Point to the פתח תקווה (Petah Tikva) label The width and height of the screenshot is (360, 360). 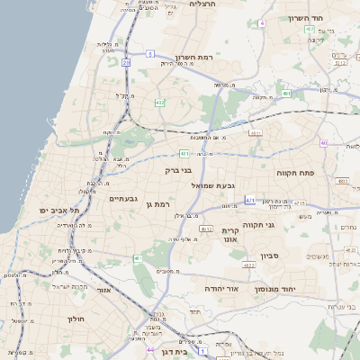[x=294, y=170]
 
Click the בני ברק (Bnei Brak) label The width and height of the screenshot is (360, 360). [x=178, y=169]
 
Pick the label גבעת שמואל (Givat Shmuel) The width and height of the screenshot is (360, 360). [x=213, y=185]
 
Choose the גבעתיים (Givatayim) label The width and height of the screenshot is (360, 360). [x=121, y=198]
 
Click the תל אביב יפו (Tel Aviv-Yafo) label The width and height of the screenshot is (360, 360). [x=60, y=210]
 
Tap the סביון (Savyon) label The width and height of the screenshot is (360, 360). [x=271, y=256]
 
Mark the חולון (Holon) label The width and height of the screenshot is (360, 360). [x=75, y=319]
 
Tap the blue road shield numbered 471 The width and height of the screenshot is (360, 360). [x=249, y=200]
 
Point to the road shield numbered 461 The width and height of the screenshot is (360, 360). [x=138, y=259]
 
